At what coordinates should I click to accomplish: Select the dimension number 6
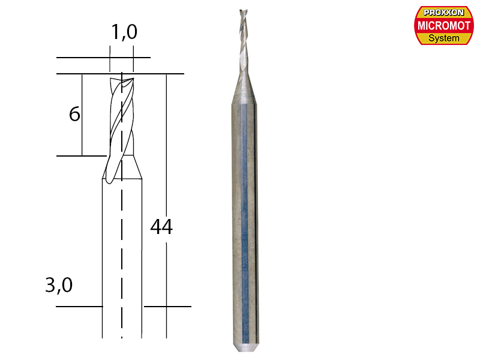click(74, 113)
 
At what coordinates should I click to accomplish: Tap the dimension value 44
click(161, 227)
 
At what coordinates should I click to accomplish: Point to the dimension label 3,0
click(59, 286)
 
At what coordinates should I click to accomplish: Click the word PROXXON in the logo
click(444, 12)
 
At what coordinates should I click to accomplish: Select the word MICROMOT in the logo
click(444, 25)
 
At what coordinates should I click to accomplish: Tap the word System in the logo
click(444, 38)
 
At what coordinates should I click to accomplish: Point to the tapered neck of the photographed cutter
click(246, 84)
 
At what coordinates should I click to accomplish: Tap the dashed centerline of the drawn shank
click(122, 252)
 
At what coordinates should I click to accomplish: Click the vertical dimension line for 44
click(165, 150)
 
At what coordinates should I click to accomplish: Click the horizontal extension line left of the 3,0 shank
click(79, 306)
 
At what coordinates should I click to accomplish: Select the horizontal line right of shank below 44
click(168, 306)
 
